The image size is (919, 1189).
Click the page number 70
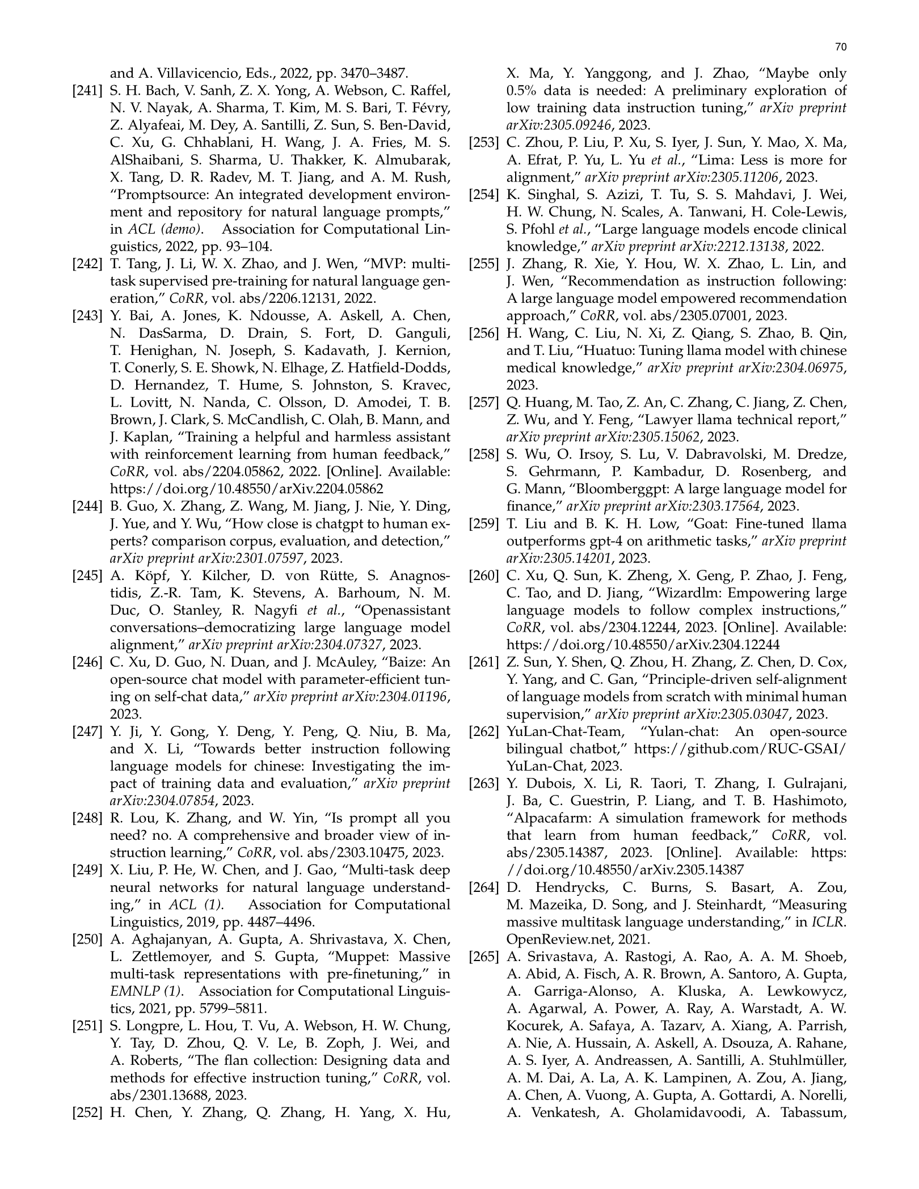coord(841,48)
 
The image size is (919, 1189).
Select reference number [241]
coord(87,91)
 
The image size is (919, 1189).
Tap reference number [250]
coord(87,939)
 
